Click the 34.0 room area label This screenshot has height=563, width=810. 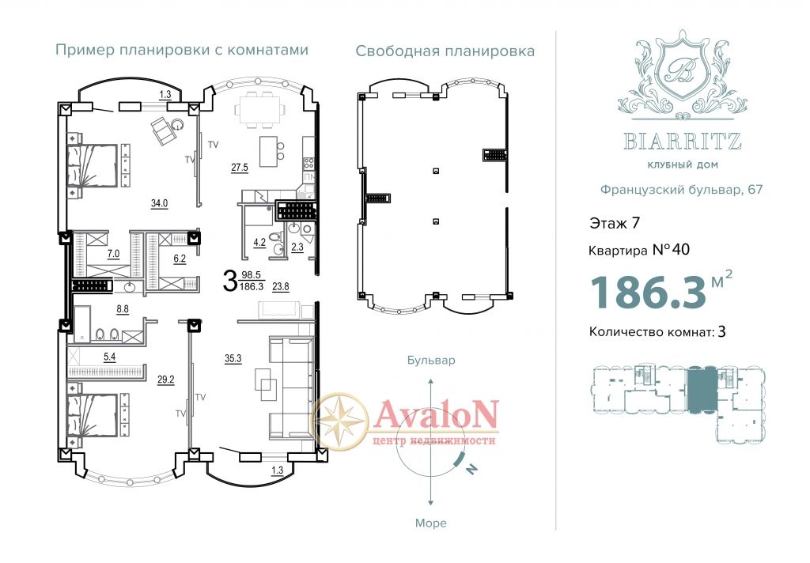click(x=159, y=203)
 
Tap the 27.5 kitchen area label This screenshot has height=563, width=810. click(x=240, y=168)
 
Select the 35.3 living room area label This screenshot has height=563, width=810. click(x=233, y=358)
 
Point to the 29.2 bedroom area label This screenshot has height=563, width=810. click(x=166, y=380)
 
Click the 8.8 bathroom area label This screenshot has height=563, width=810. click(x=123, y=309)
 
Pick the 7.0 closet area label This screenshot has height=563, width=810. click(x=113, y=254)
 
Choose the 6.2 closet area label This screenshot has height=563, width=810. click(x=180, y=259)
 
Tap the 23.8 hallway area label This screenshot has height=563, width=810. click(x=281, y=287)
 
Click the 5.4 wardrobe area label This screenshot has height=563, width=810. click(x=110, y=357)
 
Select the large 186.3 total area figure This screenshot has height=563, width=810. click(x=648, y=293)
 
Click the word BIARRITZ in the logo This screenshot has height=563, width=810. click(x=683, y=141)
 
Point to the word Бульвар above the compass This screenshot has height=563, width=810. click(x=431, y=360)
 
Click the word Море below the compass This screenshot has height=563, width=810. click(x=431, y=523)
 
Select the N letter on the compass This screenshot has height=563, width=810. click(x=471, y=468)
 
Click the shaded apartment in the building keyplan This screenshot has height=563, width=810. click(x=702, y=388)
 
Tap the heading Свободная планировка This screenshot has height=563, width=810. click(x=445, y=51)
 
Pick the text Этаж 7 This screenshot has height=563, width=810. click(x=615, y=223)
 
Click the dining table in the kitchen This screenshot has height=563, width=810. click(x=260, y=110)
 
